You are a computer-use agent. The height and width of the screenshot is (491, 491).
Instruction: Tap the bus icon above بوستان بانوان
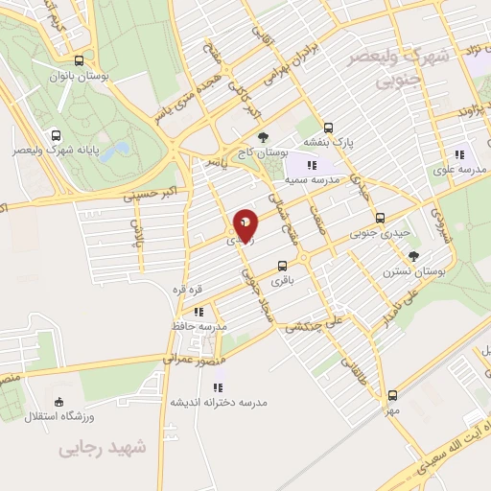(x=90, y=58)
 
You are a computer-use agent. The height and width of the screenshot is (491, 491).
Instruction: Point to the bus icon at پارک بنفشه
(x=328, y=127)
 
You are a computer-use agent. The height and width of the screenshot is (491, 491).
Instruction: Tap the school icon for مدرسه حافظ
(x=199, y=311)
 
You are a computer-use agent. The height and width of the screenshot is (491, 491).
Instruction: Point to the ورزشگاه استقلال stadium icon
(x=59, y=402)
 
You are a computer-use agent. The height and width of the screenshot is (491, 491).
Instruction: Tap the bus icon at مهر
(x=392, y=394)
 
